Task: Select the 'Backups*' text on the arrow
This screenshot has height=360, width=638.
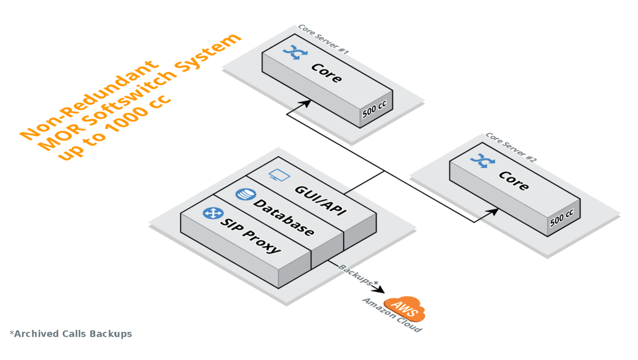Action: pyautogui.click(x=358, y=275)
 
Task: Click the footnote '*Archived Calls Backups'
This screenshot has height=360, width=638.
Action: pyautogui.click(x=71, y=334)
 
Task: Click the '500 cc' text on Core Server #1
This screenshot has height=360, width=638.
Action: pyautogui.click(x=374, y=109)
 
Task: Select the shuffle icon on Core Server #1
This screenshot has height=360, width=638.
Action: pyautogui.click(x=292, y=52)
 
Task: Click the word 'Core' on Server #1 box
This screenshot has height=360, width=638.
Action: pyautogui.click(x=326, y=73)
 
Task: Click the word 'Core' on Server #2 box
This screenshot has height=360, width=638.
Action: pyautogui.click(x=514, y=181)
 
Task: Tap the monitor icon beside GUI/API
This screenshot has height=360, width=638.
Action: pyautogui.click(x=278, y=175)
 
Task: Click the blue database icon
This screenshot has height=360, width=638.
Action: pyautogui.click(x=245, y=194)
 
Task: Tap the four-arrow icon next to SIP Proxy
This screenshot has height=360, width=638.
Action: pyautogui.click(x=213, y=213)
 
